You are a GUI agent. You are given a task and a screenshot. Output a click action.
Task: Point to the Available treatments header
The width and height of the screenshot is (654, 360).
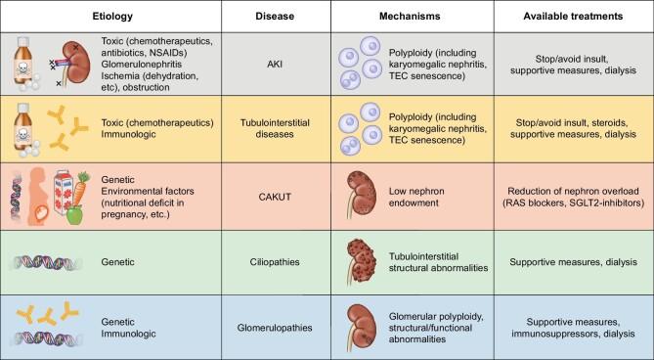(573, 17)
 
